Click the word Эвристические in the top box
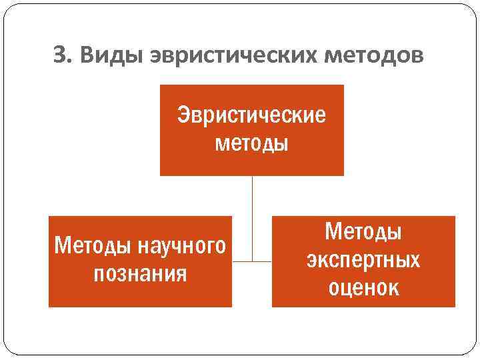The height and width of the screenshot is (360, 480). click(x=251, y=116)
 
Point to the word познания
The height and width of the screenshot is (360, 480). click(x=140, y=274)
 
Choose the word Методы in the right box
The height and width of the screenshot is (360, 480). click(x=363, y=232)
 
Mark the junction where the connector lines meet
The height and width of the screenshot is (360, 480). click(x=252, y=261)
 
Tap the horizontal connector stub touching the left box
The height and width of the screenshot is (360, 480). click(x=241, y=261)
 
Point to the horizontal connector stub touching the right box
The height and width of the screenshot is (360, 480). click(x=263, y=261)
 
